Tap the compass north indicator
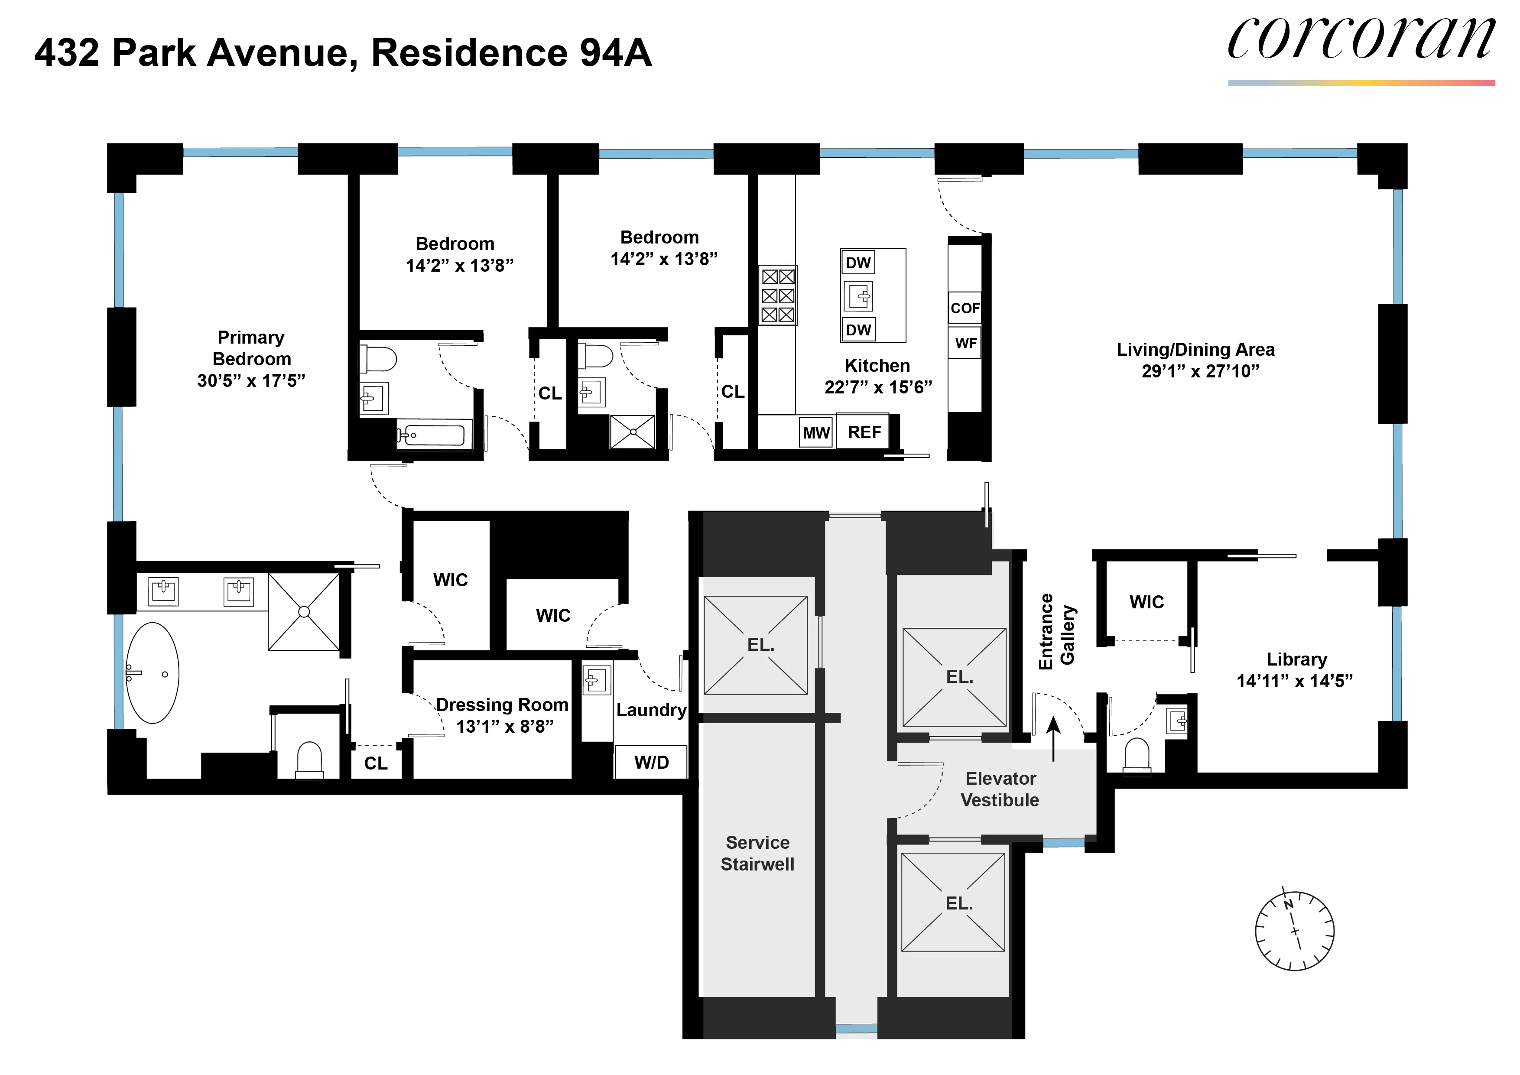pyautogui.click(x=1288, y=904)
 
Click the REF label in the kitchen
pyautogui.click(x=864, y=432)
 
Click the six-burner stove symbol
pyautogui.click(x=777, y=295)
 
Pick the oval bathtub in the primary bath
pyautogui.click(x=152, y=672)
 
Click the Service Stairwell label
pyautogui.click(x=757, y=853)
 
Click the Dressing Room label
pyautogui.click(x=502, y=705)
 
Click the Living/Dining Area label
pyautogui.click(x=1195, y=350)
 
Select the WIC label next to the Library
pyautogui.click(x=1146, y=602)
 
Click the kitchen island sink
pyautogui.click(x=859, y=296)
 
